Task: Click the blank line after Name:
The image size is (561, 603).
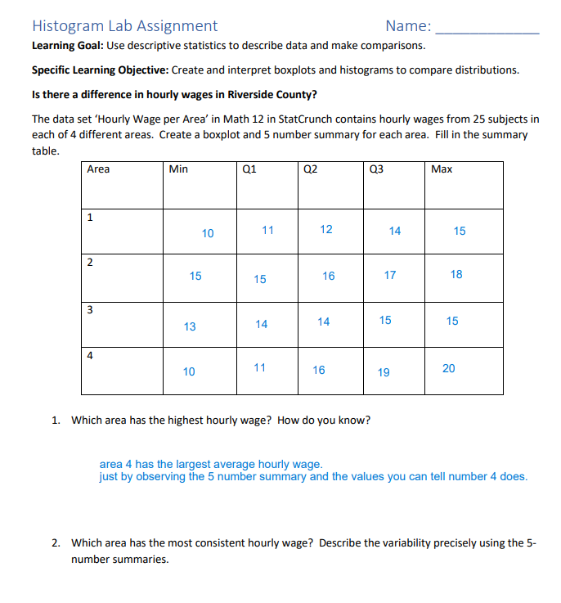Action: pos(488,31)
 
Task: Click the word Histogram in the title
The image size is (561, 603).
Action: pos(67,26)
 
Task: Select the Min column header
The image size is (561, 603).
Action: pos(178,169)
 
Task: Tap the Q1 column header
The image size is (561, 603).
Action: pos(250,169)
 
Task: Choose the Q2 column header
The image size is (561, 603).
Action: pos(310,169)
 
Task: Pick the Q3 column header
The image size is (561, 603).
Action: pos(376,169)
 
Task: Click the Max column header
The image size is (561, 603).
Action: pos(442,169)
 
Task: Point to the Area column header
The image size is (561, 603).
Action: pos(98,169)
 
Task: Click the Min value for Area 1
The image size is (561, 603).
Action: pos(208,233)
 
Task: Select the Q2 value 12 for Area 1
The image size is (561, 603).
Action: pos(326,229)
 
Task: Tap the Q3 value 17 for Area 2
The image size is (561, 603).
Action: pos(390,275)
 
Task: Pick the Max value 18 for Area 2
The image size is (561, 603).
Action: pos(456,274)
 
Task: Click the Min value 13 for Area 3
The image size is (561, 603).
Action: pos(190,326)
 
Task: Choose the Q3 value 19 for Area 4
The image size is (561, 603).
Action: pos(384,372)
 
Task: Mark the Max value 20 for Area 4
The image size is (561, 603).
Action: pos(449,368)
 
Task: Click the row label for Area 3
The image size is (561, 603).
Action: pos(90,309)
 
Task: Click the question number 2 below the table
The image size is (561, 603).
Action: pos(55,542)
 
